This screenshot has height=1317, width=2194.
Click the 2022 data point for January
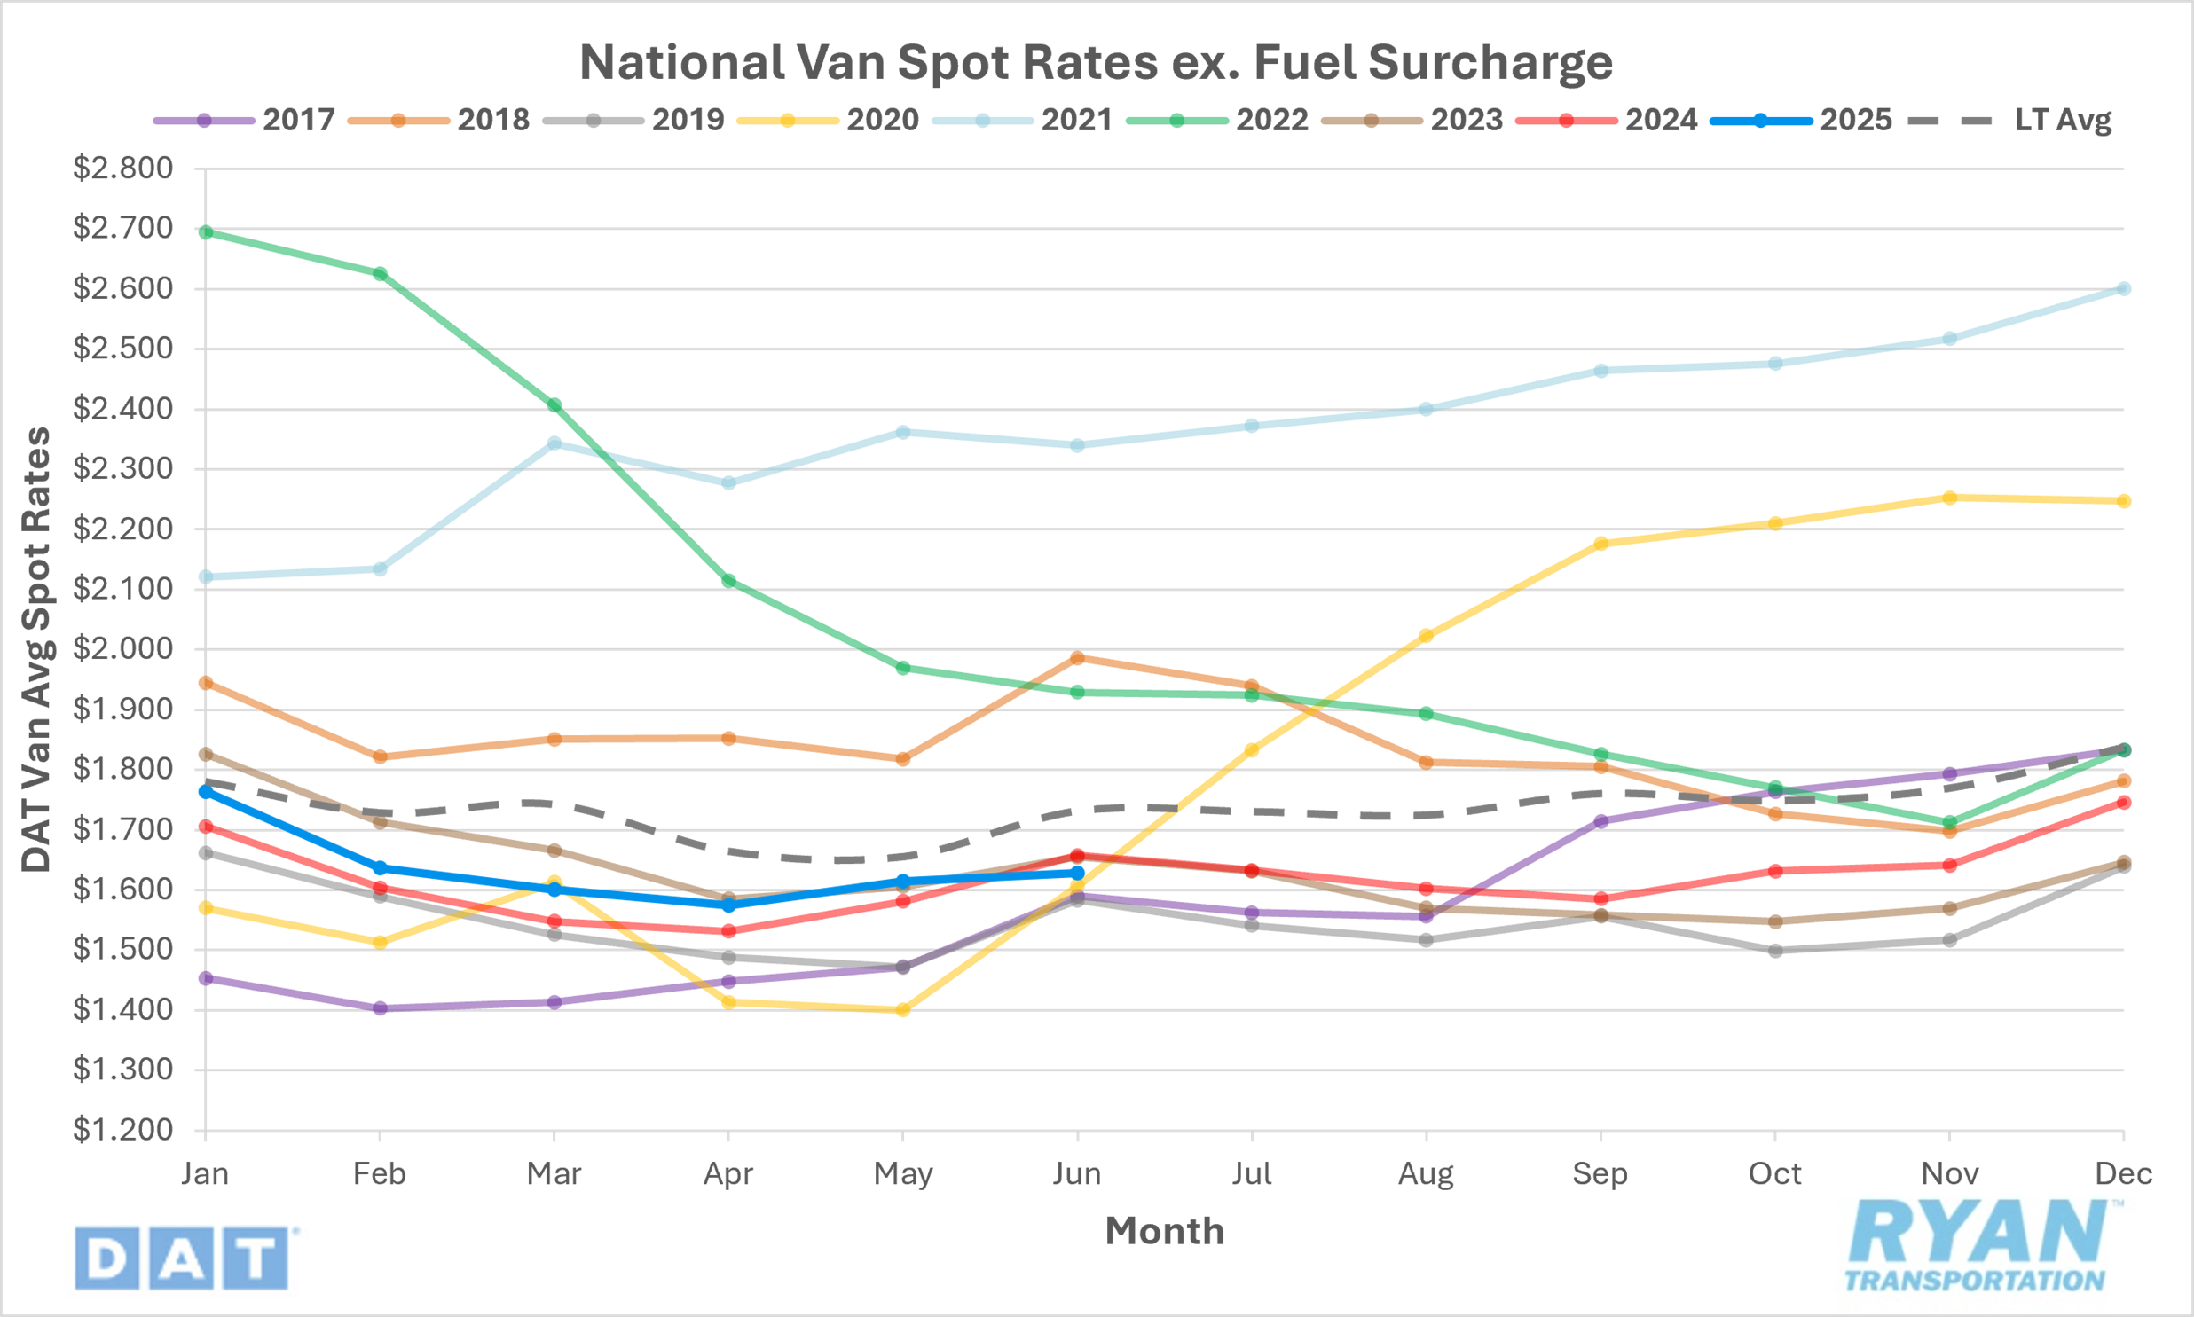[206, 232]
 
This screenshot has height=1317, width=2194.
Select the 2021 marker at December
[2124, 288]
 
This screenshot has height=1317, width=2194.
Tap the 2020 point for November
[1950, 498]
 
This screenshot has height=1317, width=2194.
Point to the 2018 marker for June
[1077, 657]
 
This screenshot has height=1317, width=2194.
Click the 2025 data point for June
[1077, 874]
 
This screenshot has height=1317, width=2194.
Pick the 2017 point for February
[380, 1008]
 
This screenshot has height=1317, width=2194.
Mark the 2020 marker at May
[902, 1010]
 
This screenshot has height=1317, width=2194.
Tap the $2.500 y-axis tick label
[122, 348]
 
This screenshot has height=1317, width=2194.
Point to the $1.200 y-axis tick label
[122, 1130]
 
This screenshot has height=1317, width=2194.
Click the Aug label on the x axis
[1426, 1174]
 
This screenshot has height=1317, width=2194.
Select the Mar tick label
[554, 1174]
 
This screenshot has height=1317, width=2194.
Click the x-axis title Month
[1165, 1231]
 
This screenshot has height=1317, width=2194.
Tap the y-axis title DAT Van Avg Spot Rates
[37, 649]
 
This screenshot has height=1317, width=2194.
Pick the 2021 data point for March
[554, 443]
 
